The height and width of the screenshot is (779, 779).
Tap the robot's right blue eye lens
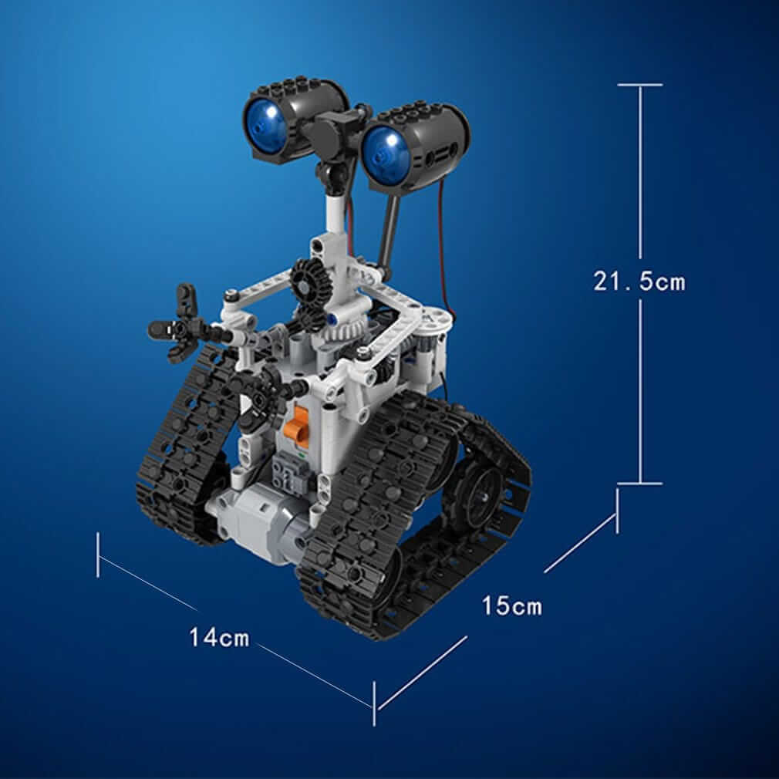click(383, 148)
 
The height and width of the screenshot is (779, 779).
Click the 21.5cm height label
click(639, 282)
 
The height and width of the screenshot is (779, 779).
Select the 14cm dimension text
click(220, 638)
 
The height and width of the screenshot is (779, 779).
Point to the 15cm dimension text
click(512, 606)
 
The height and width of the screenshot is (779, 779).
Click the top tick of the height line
click(639, 85)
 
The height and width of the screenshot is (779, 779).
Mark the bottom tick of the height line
click(639, 484)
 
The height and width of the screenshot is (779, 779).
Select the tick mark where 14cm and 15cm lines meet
click(374, 703)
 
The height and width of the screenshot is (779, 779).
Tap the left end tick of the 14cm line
click(98, 554)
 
